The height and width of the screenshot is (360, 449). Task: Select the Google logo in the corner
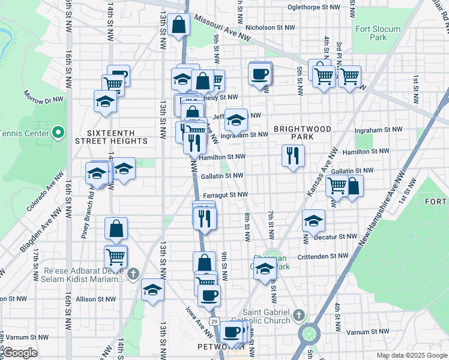click(19, 353)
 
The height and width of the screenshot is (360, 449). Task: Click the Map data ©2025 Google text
click(411, 355)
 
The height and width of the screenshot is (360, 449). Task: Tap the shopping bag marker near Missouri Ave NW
click(179, 25)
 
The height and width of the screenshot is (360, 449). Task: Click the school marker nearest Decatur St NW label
click(313, 221)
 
